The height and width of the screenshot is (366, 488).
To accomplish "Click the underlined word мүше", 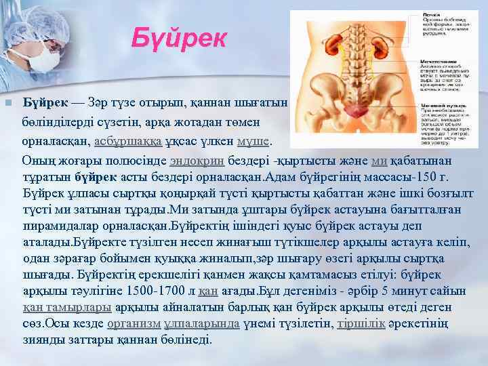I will [255, 141].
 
